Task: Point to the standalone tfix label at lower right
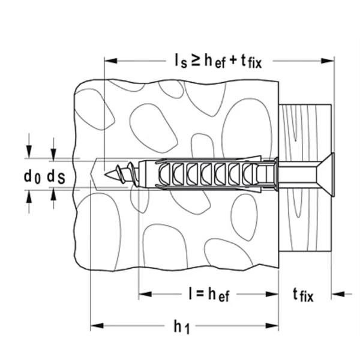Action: click(304, 294)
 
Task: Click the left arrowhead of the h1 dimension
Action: click(94, 326)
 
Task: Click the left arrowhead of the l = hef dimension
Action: click(143, 294)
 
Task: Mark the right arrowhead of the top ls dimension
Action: click(330, 59)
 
